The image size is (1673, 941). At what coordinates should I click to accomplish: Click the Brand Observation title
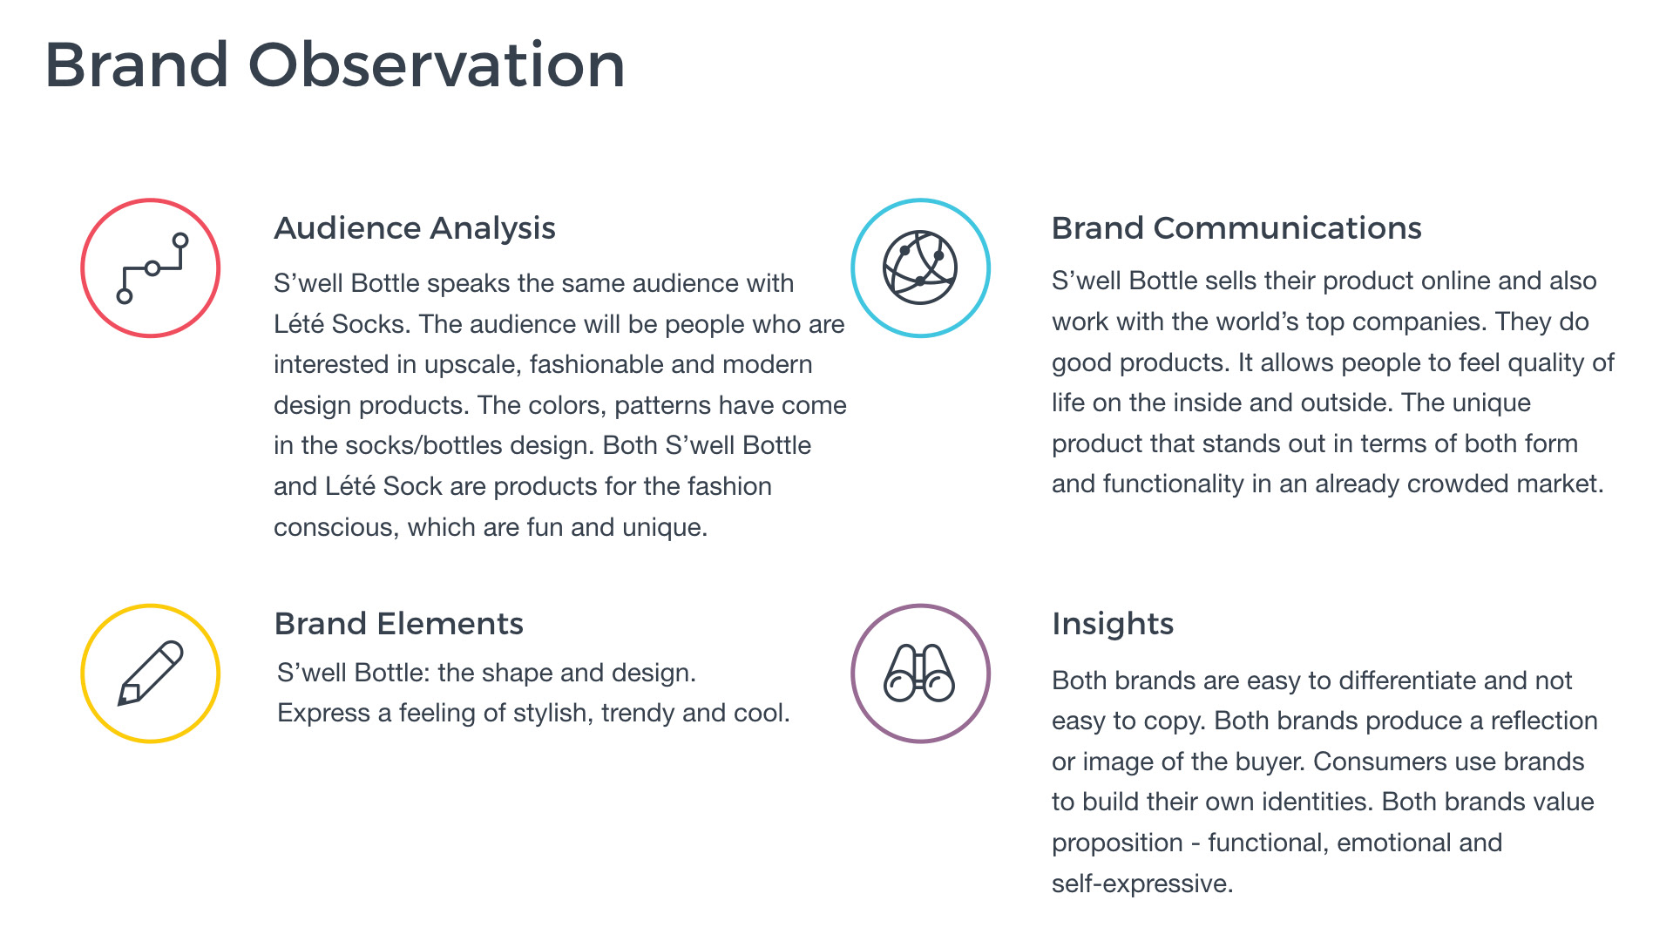[335, 65]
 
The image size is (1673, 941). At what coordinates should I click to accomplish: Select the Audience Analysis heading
[415, 229]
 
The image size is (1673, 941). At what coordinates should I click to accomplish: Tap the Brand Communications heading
[1236, 228]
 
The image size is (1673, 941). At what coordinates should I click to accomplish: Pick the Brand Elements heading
[399, 624]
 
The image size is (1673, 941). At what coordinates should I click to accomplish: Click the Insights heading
[1113, 625]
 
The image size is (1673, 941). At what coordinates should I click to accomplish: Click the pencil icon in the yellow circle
[151, 673]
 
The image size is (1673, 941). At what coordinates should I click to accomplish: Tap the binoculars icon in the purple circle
[919, 673]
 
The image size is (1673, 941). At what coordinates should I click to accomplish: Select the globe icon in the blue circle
[920, 267]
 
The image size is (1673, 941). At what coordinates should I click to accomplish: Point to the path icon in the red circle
[152, 268]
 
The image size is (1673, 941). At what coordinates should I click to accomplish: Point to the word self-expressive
[1141, 884]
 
